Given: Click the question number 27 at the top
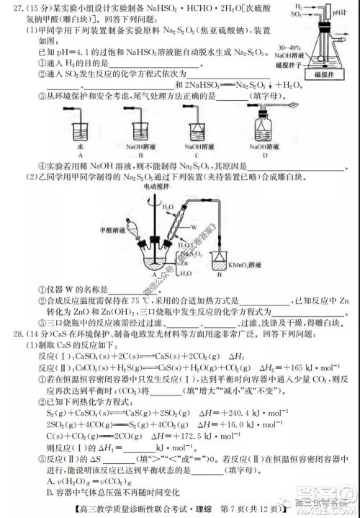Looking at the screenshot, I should (12, 9).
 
